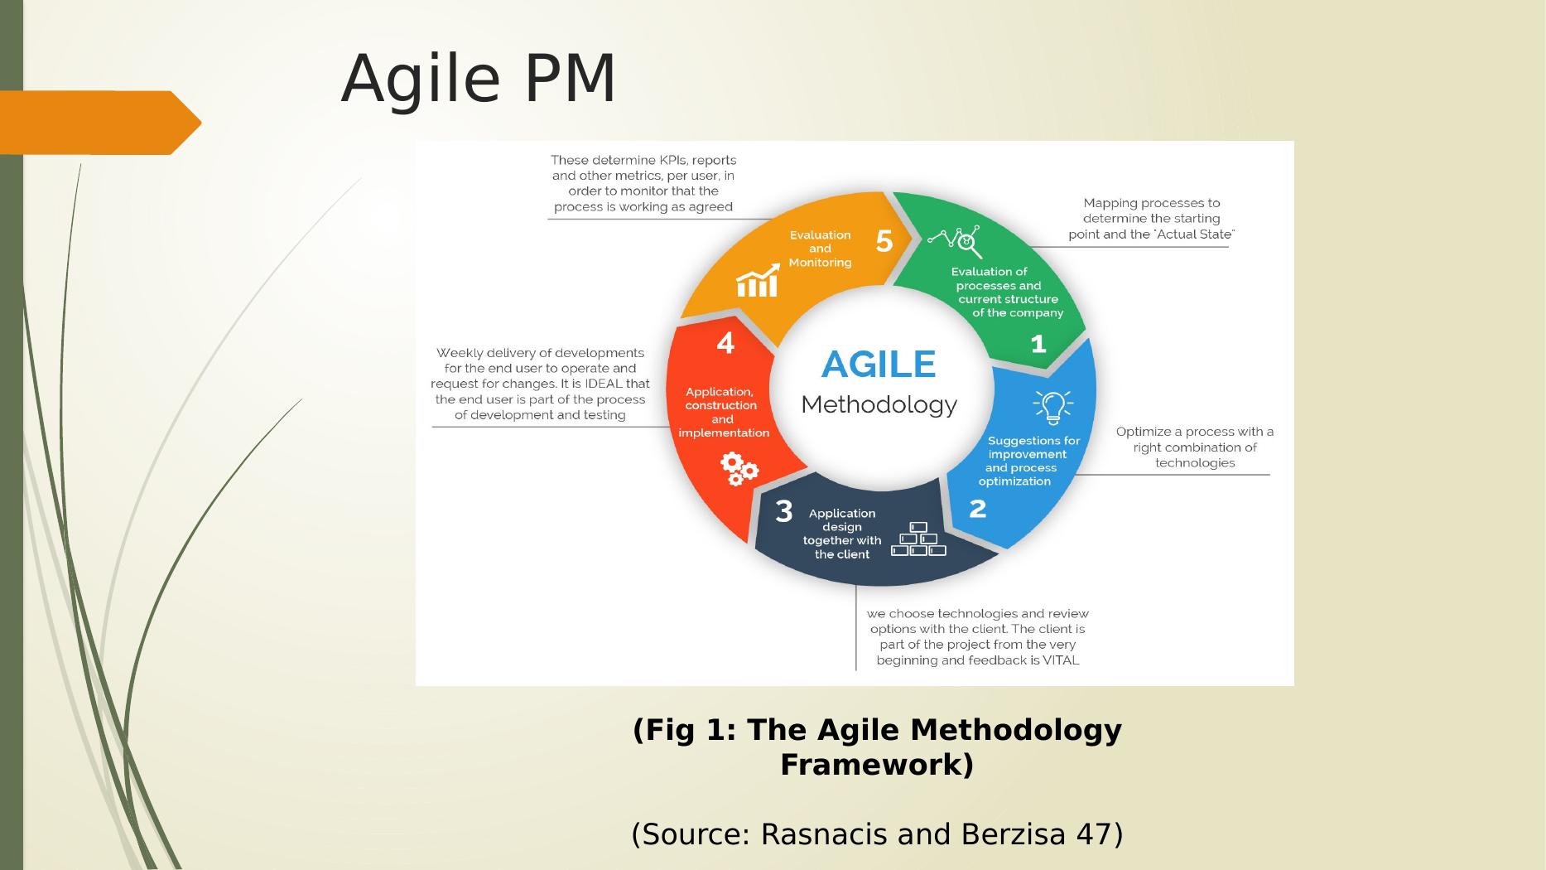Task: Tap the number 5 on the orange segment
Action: tap(884, 241)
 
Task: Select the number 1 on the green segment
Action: tap(1038, 344)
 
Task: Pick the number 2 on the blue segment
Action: tap(978, 508)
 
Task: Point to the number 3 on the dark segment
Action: tap(783, 512)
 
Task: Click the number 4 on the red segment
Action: tap(725, 343)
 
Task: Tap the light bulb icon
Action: tap(1052, 407)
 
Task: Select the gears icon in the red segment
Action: tap(739, 469)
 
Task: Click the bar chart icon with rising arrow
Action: tap(759, 281)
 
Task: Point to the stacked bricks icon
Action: tap(918, 539)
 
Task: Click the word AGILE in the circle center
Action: tap(879, 365)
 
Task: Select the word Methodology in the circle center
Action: tap(879, 405)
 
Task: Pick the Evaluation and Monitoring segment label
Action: tap(820, 249)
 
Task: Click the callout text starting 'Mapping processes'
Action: tap(1152, 219)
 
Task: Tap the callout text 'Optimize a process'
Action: tap(1195, 447)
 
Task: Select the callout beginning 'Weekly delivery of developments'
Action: tap(540, 384)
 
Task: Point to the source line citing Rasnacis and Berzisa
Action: tap(877, 834)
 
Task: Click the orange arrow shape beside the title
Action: tap(100, 123)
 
